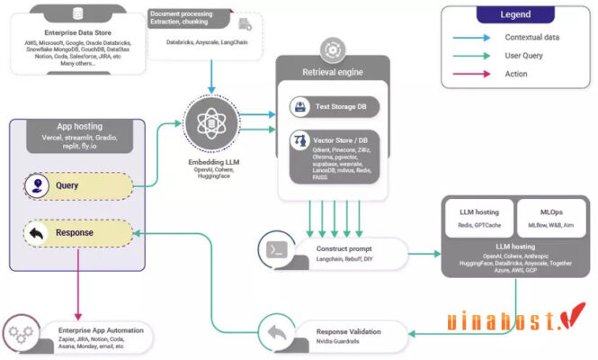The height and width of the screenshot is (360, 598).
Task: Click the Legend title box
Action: coord(515,15)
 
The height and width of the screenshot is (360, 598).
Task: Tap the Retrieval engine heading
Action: coord(334,70)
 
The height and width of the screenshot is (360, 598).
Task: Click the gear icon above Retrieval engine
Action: coord(333,49)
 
